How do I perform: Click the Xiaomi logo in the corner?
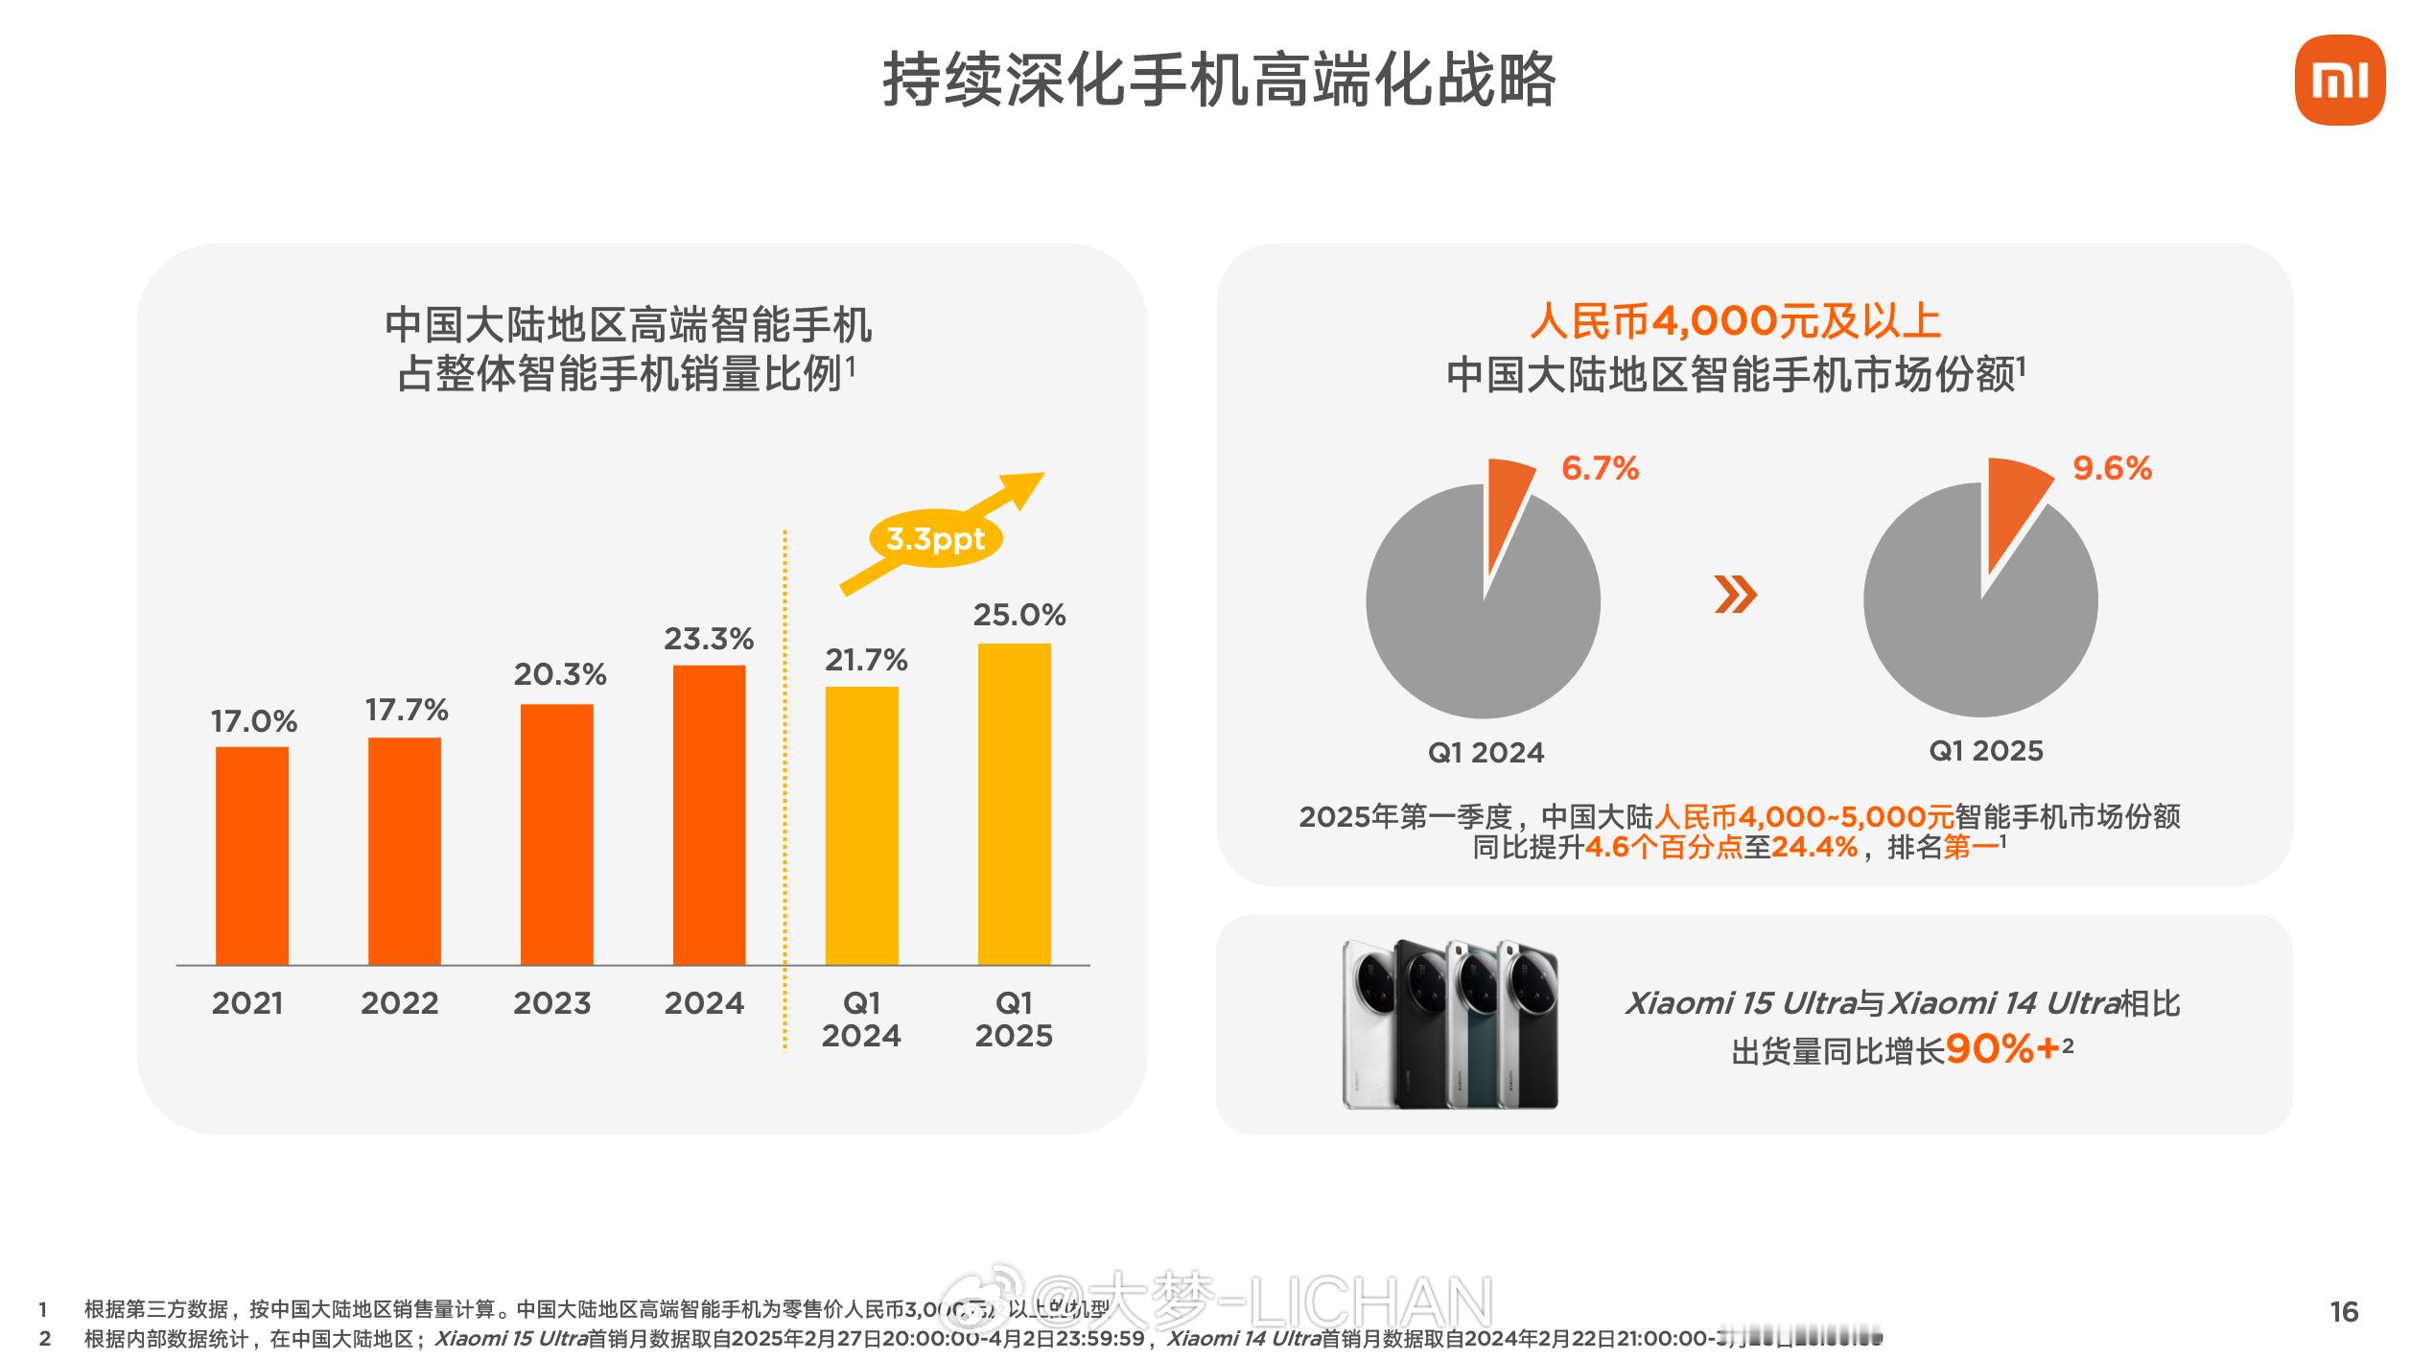point(2339,81)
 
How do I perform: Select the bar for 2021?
point(251,856)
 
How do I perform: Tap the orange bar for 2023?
point(556,834)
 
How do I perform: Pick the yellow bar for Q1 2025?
point(1014,804)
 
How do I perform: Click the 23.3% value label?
point(709,639)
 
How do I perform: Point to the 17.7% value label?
point(407,710)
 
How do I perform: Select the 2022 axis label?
point(399,1003)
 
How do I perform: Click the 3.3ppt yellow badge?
point(935,538)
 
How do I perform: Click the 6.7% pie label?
point(1600,468)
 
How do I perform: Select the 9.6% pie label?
point(2112,468)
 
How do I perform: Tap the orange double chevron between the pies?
point(1735,596)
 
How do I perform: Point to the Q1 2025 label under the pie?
point(1985,750)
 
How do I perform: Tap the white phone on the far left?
point(1369,1026)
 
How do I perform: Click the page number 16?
point(2344,1311)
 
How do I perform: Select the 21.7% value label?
point(865,660)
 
